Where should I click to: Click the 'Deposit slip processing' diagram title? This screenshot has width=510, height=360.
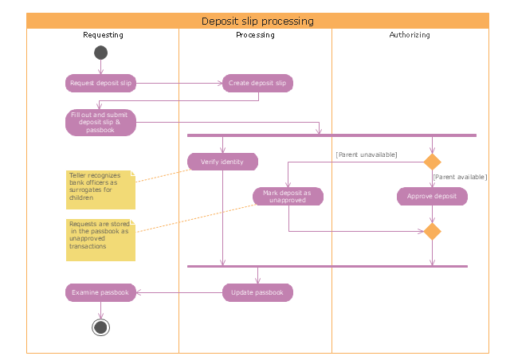point(257,22)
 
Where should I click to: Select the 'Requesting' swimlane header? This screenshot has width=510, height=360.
point(103,36)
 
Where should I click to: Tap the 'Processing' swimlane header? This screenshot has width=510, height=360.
point(255,36)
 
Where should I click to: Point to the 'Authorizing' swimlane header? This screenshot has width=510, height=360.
point(409,36)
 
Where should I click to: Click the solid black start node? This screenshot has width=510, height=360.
point(100,53)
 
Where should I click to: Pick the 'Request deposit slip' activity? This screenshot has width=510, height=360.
point(100,83)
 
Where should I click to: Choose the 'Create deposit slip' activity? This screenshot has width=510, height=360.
point(257,83)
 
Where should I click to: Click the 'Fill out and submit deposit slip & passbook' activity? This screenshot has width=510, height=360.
point(100,123)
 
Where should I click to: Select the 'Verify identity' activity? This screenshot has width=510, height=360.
point(222,162)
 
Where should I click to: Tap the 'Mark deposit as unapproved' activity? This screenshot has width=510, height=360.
point(288,196)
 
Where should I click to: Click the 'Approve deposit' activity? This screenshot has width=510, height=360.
point(432,196)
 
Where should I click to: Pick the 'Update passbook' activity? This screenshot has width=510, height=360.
point(257,292)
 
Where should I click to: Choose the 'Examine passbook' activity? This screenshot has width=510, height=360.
point(100,292)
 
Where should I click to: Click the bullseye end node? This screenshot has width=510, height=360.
point(100,327)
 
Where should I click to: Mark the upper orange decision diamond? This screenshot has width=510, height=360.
point(432,162)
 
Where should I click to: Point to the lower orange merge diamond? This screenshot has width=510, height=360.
point(432,232)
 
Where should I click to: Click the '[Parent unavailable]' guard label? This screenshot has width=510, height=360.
point(367,154)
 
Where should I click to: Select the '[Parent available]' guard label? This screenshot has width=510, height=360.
point(460,177)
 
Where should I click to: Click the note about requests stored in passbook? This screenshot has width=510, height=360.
point(100,237)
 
